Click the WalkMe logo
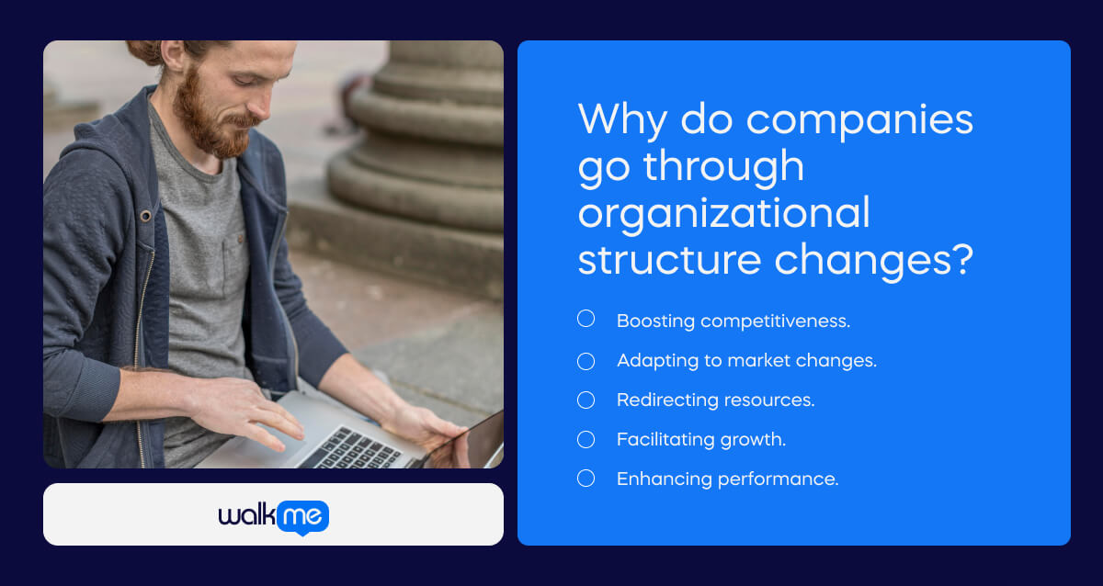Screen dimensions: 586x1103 pos(273,516)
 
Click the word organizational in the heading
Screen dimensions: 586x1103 pos(723,213)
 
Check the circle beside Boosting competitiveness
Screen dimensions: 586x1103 pos(586,319)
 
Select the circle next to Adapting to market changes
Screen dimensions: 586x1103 pos(586,361)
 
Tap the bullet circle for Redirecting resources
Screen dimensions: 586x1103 pos(586,400)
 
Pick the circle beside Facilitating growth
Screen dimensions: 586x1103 pos(586,440)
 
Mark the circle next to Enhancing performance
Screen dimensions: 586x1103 pos(586,479)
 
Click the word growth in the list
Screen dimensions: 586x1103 pos(756,441)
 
